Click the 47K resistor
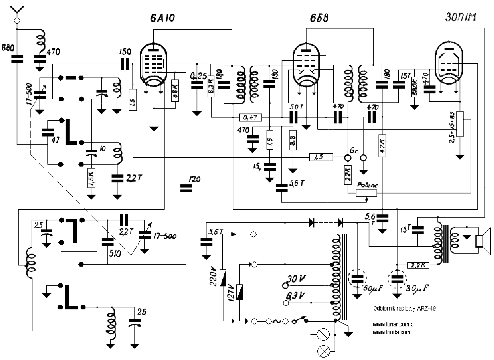(382, 146)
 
